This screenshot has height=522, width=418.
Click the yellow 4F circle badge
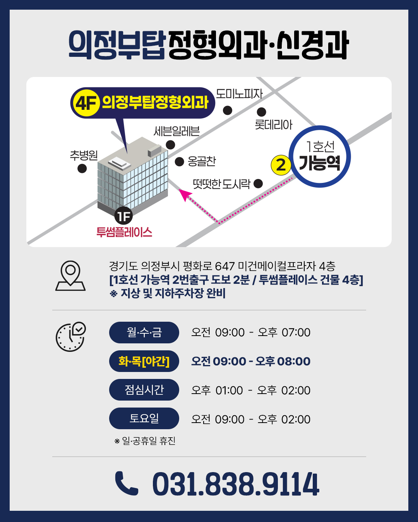[x=86, y=103]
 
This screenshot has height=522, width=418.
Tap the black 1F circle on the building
[x=123, y=216]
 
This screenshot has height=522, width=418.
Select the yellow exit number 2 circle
[x=281, y=165]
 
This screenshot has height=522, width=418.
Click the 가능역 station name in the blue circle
[x=319, y=163]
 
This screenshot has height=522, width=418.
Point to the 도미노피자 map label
[x=239, y=94]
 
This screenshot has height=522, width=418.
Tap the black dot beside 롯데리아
[x=261, y=112]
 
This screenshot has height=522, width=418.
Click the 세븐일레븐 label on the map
[x=176, y=131]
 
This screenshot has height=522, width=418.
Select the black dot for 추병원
[x=82, y=168]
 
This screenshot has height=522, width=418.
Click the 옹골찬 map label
[x=202, y=161]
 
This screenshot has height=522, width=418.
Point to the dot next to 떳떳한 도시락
[x=258, y=184]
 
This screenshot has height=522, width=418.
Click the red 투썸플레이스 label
[x=124, y=232]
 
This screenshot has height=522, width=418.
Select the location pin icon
[x=70, y=276]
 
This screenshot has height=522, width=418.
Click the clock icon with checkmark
[x=71, y=337]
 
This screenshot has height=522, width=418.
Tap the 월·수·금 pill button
[x=144, y=332]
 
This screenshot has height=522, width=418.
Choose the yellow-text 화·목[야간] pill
[x=144, y=361]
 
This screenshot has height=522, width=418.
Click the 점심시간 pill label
[x=144, y=390]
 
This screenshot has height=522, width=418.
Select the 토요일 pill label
[x=144, y=418]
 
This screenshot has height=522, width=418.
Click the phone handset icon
[x=126, y=483]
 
